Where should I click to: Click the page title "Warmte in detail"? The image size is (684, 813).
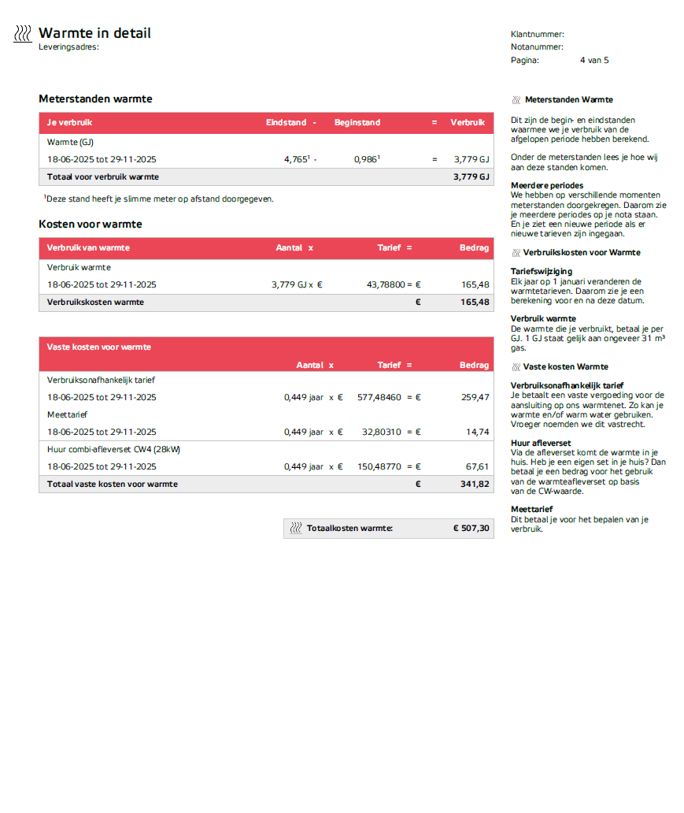tap(94, 33)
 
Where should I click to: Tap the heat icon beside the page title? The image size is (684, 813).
tap(23, 33)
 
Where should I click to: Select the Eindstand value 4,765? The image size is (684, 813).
tap(297, 159)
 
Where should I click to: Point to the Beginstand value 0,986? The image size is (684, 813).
tap(366, 159)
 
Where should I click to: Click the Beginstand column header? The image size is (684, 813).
tap(357, 122)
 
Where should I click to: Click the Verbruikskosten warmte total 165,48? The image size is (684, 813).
tap(474, 302)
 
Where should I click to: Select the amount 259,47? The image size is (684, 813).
tap(475, 397)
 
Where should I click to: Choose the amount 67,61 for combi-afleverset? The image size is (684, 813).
tap(477, 466)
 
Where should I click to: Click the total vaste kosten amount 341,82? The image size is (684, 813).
tap(474, 484)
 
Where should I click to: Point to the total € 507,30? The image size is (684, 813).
tap(471, 529)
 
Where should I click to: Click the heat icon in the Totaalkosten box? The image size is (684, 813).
tap(296, 529)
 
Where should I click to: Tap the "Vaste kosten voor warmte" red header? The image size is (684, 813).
tap(99, 347)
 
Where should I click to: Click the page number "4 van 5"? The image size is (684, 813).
tap(594, 60)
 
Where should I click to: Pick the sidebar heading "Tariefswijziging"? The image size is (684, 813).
tap(542, 271)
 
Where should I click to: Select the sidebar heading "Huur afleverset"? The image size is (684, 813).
tap(541, 443)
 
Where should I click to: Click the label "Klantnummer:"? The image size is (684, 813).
tap(538, 34)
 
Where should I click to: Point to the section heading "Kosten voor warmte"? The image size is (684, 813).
tap(91, 225)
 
